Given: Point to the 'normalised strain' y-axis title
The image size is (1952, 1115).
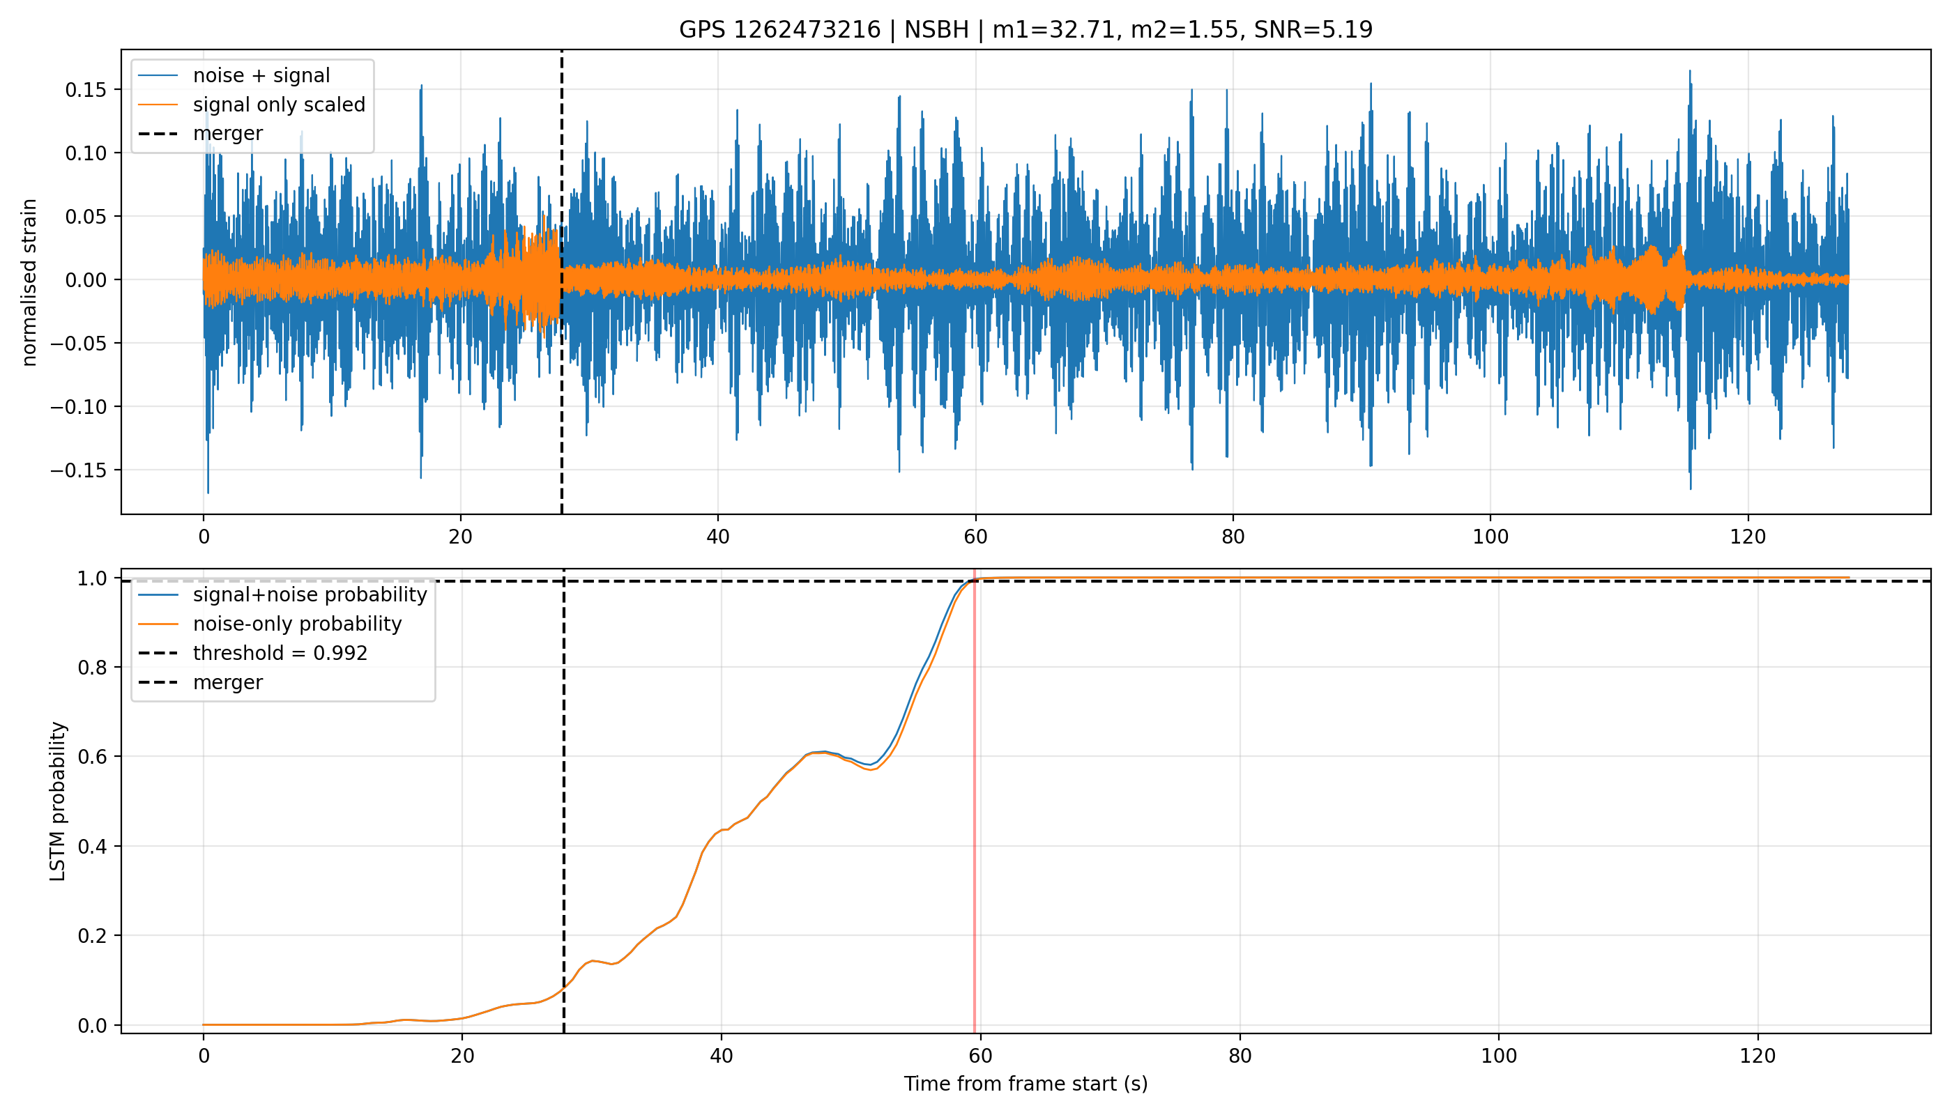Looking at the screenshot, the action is point(29,282).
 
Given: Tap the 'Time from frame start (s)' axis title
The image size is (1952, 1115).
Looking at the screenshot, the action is point(1025,1084).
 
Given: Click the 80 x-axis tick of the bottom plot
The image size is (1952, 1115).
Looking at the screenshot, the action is point(1240,1056).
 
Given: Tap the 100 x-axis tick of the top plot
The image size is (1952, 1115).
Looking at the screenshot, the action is point(1490,537).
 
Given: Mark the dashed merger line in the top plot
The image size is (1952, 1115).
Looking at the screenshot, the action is point(561,282).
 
